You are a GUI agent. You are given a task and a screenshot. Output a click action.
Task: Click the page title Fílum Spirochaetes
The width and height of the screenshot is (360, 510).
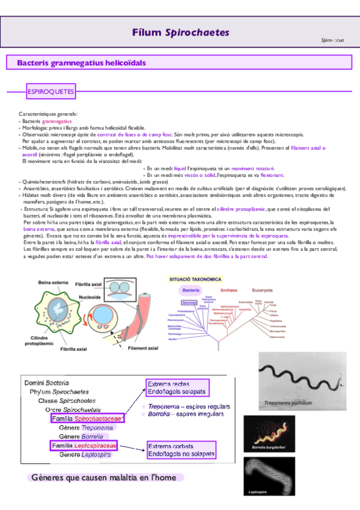180,32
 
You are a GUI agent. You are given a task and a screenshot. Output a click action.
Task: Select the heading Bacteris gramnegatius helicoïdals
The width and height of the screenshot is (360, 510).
81,63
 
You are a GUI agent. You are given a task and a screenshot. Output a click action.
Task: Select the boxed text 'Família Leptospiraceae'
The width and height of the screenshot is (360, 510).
84,446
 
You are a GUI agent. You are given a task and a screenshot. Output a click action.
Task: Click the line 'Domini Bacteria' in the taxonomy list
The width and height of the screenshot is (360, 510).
46,382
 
